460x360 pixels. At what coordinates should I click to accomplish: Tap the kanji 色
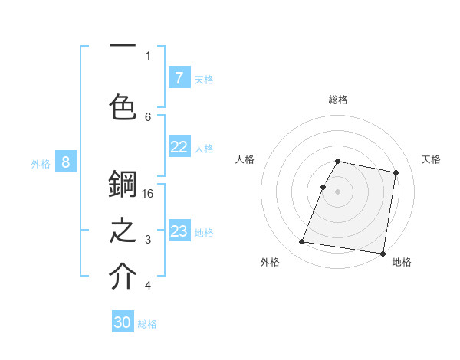pyautogui.click(x=123, y=107)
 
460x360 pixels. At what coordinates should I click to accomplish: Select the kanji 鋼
pyautogui.click(x=123, y=184)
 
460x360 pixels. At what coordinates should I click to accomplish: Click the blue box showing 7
pyautogui.click(x=179, y=77)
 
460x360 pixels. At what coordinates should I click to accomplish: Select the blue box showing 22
pyautogui.click(x=179, y=147)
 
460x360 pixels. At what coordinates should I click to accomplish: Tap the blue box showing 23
pyautogui.click(x=179, y=231)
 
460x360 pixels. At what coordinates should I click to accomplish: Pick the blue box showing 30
pyautogui.click(x=123, y=322)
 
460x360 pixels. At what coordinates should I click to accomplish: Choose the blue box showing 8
pyautogui.click(x=66, y=162)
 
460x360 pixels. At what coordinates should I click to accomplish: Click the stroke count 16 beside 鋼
pyautogui.click(x=149, y=194)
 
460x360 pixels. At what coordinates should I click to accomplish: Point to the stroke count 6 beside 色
pyautogui.click(x=148, y=116)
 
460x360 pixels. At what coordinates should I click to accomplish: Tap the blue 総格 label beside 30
pyautogui.click(x=147, y=324)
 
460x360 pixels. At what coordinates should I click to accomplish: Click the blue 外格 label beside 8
pyautogui.click(x=41, y=163)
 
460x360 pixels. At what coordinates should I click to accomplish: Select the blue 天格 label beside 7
pyautogui.click(x=204, y=79)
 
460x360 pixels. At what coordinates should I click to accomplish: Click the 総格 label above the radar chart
pyautogui.click(x=338, y=100)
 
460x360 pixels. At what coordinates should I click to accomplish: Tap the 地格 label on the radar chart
pyautogui.click(x=402, y=263)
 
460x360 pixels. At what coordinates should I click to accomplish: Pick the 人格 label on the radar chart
pyautogui.click(x=245, y=159)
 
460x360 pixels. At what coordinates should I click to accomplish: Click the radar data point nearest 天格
pyautogui.click(x=396, y=173)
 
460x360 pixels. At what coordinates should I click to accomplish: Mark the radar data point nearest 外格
pyautogui.click(x=302, y=242)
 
